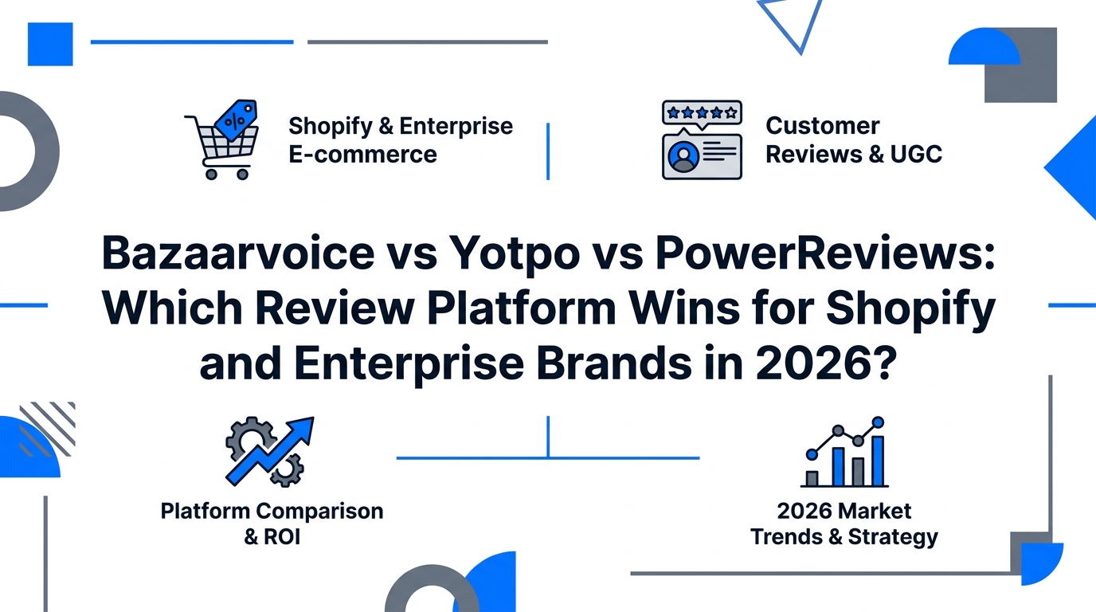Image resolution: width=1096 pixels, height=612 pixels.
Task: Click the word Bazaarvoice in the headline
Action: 238,253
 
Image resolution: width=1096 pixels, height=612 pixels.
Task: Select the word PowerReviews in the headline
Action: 825,253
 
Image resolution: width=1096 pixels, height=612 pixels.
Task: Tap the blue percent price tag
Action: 237,119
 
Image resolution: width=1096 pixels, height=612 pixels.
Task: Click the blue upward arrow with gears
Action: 270,451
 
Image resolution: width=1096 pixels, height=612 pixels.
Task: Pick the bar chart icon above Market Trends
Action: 844,451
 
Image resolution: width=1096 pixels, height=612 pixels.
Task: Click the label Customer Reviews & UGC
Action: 853,140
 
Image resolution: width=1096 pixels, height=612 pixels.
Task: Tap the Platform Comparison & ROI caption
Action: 272,524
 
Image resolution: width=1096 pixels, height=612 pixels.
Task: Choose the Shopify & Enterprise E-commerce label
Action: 400,140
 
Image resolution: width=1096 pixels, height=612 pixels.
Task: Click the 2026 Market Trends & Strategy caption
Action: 844,524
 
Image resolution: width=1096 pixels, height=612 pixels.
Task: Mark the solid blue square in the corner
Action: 50,44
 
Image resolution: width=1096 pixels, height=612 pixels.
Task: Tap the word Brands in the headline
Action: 614,363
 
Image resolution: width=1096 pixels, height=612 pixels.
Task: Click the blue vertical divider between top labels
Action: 548,151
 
